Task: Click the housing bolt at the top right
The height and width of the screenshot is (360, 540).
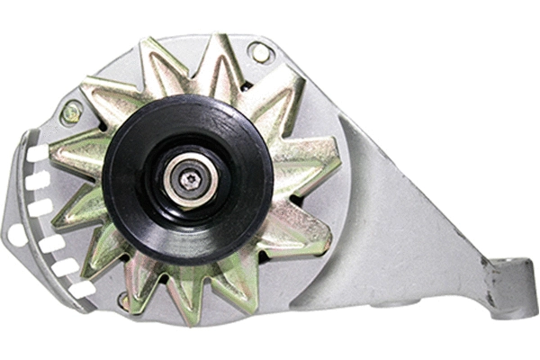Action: (x=260, y=51)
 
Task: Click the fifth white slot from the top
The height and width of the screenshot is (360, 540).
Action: (x=63, y=267)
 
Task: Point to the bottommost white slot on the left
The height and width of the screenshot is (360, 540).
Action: (x=83, y=290)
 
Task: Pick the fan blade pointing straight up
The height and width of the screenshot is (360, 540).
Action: (x=212, y=63)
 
